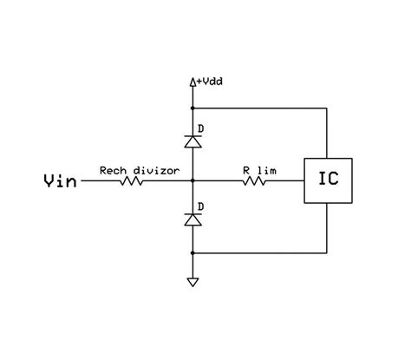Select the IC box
click(x=329, y=180)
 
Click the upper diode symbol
click(x=192, y=140)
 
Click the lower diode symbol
click(x=192, y=220)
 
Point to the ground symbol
click(x=192, y=282)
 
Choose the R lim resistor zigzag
click(x=258, y=181)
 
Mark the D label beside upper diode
click(x=202, y=128)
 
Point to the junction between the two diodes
click(x=192, y=181)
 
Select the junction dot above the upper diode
click(x=192, y=109)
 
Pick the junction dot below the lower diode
click(x=192, y=252)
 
